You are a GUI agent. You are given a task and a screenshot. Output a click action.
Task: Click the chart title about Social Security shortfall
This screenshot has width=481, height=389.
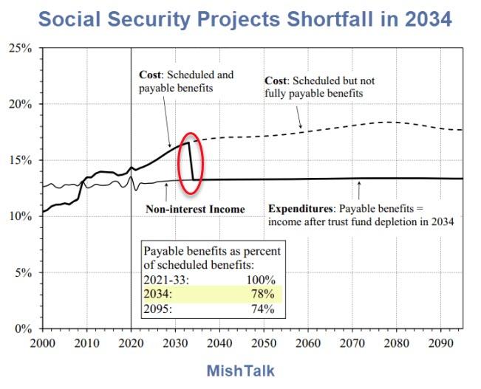click(245, 18)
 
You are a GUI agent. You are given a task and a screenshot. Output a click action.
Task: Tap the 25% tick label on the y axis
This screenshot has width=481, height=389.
click(20, 48)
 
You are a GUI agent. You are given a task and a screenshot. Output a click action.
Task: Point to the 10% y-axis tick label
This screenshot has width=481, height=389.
click(20, 216)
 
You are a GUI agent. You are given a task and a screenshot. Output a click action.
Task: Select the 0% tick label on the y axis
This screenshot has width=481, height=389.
click(23, 328)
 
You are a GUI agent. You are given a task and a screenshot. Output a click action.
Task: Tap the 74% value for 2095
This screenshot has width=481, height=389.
click(262, 309)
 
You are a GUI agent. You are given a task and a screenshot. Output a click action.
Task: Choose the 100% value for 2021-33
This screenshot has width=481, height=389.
click(259, 281)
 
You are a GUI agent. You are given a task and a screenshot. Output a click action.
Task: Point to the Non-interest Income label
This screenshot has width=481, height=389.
click(195, 210)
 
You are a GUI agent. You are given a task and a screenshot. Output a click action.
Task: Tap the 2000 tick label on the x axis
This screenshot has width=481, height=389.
click(43, 343)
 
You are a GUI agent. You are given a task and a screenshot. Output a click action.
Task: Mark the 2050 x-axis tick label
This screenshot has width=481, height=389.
click(262, 343)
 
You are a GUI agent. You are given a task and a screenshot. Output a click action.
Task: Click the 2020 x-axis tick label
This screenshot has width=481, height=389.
click(131, 343)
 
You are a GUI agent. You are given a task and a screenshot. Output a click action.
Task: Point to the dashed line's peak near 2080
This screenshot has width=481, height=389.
click(389, 122)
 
